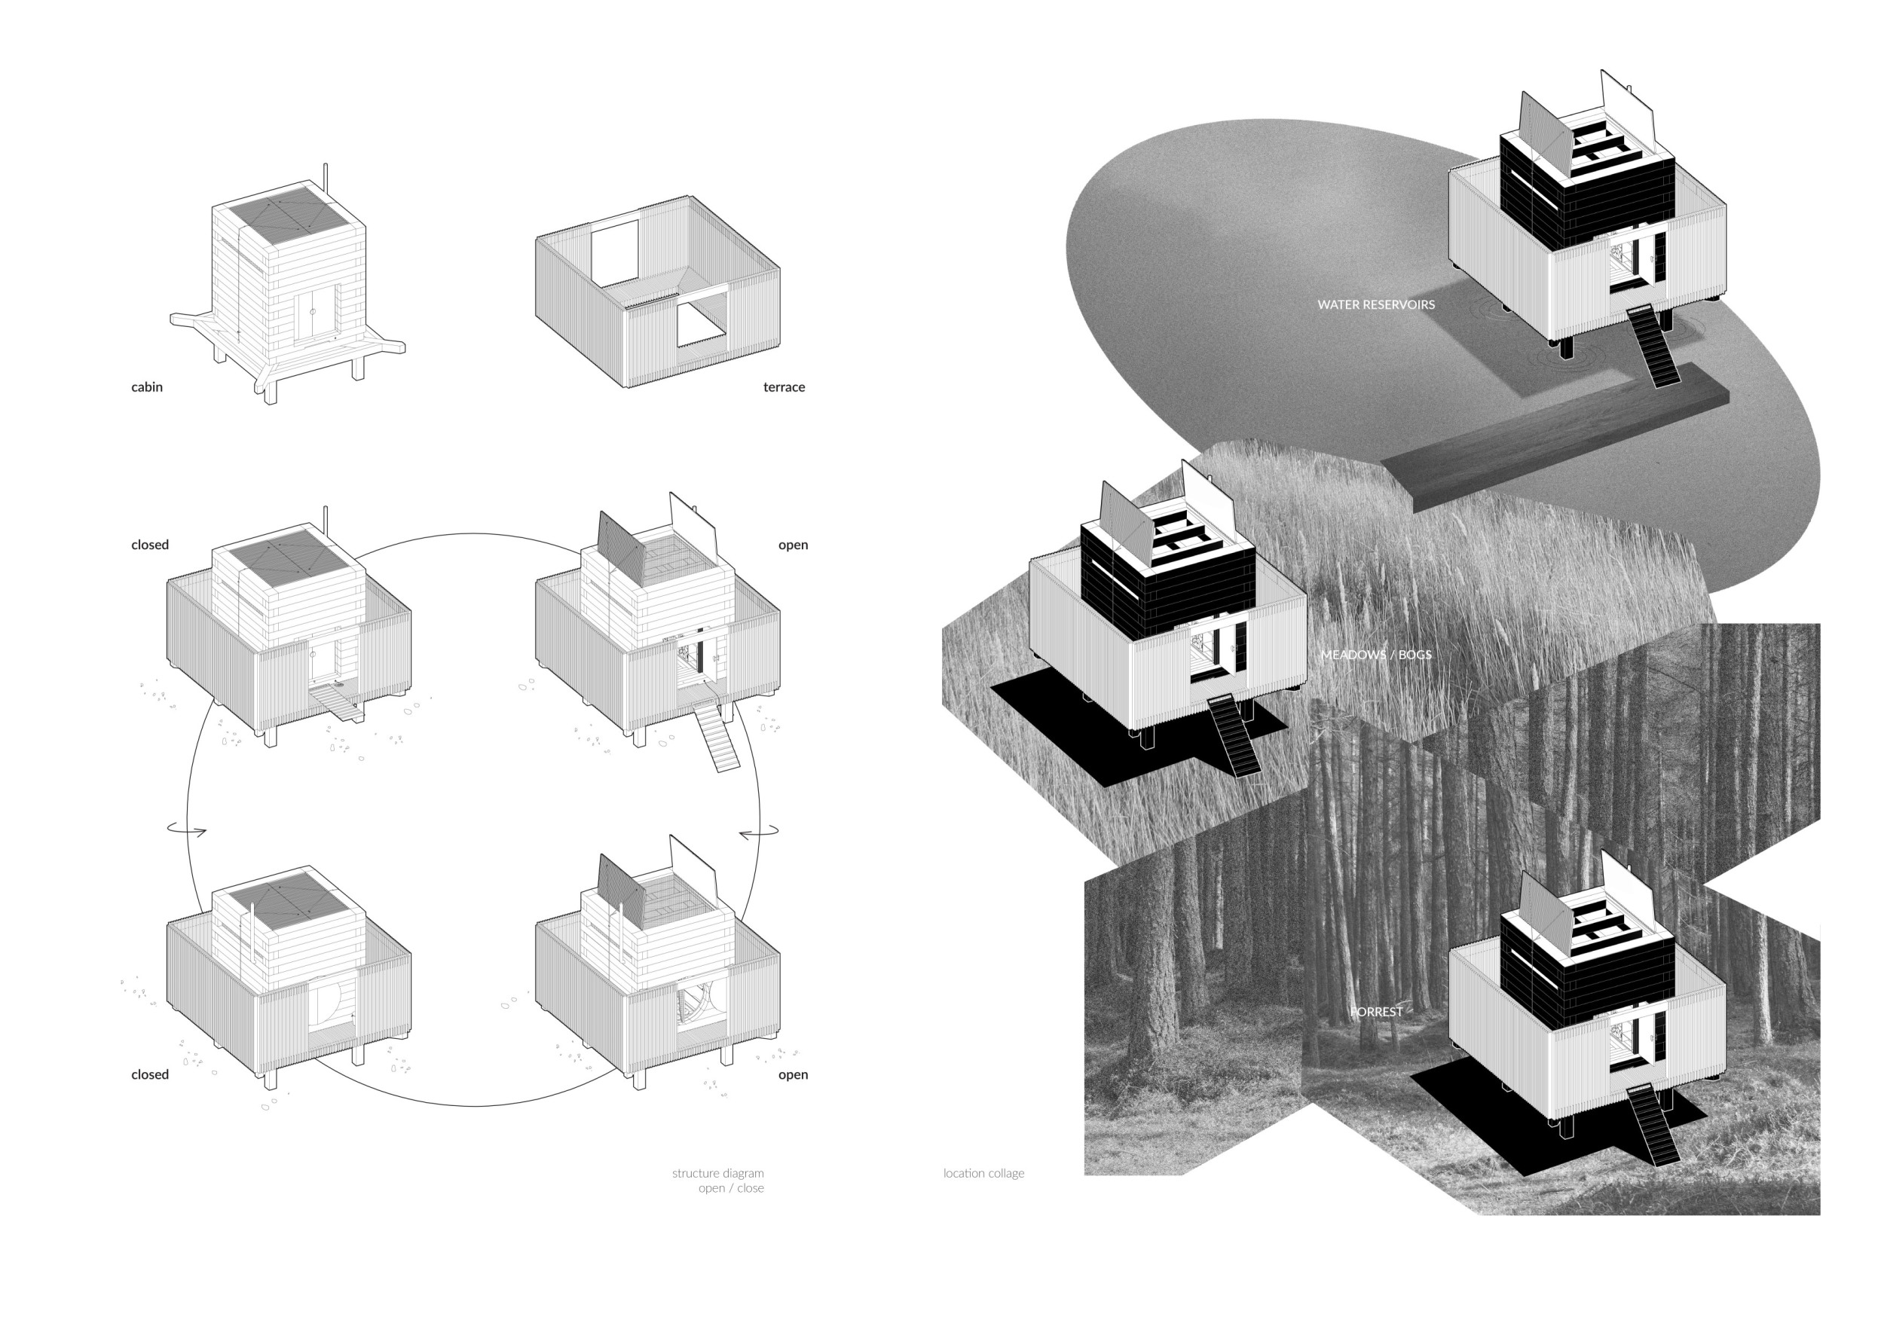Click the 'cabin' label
[x=147, y=387]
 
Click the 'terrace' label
[x=784, y=387]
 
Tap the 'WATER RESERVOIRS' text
[x=1376, y=304]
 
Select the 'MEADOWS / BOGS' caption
[x=1376, y=655]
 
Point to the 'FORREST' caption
[x=1376, y=1012]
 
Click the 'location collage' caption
[x=983, y=1173]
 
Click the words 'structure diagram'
[x=717, y=1173]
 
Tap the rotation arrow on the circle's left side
[x=187, y=830]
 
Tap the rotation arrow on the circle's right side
[x=759, y=833]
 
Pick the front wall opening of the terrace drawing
[x=702, y=323]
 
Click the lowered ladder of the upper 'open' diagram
[x=717, y=738]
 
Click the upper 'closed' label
[x=149, y=545]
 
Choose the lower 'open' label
[x=793, y=1074]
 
